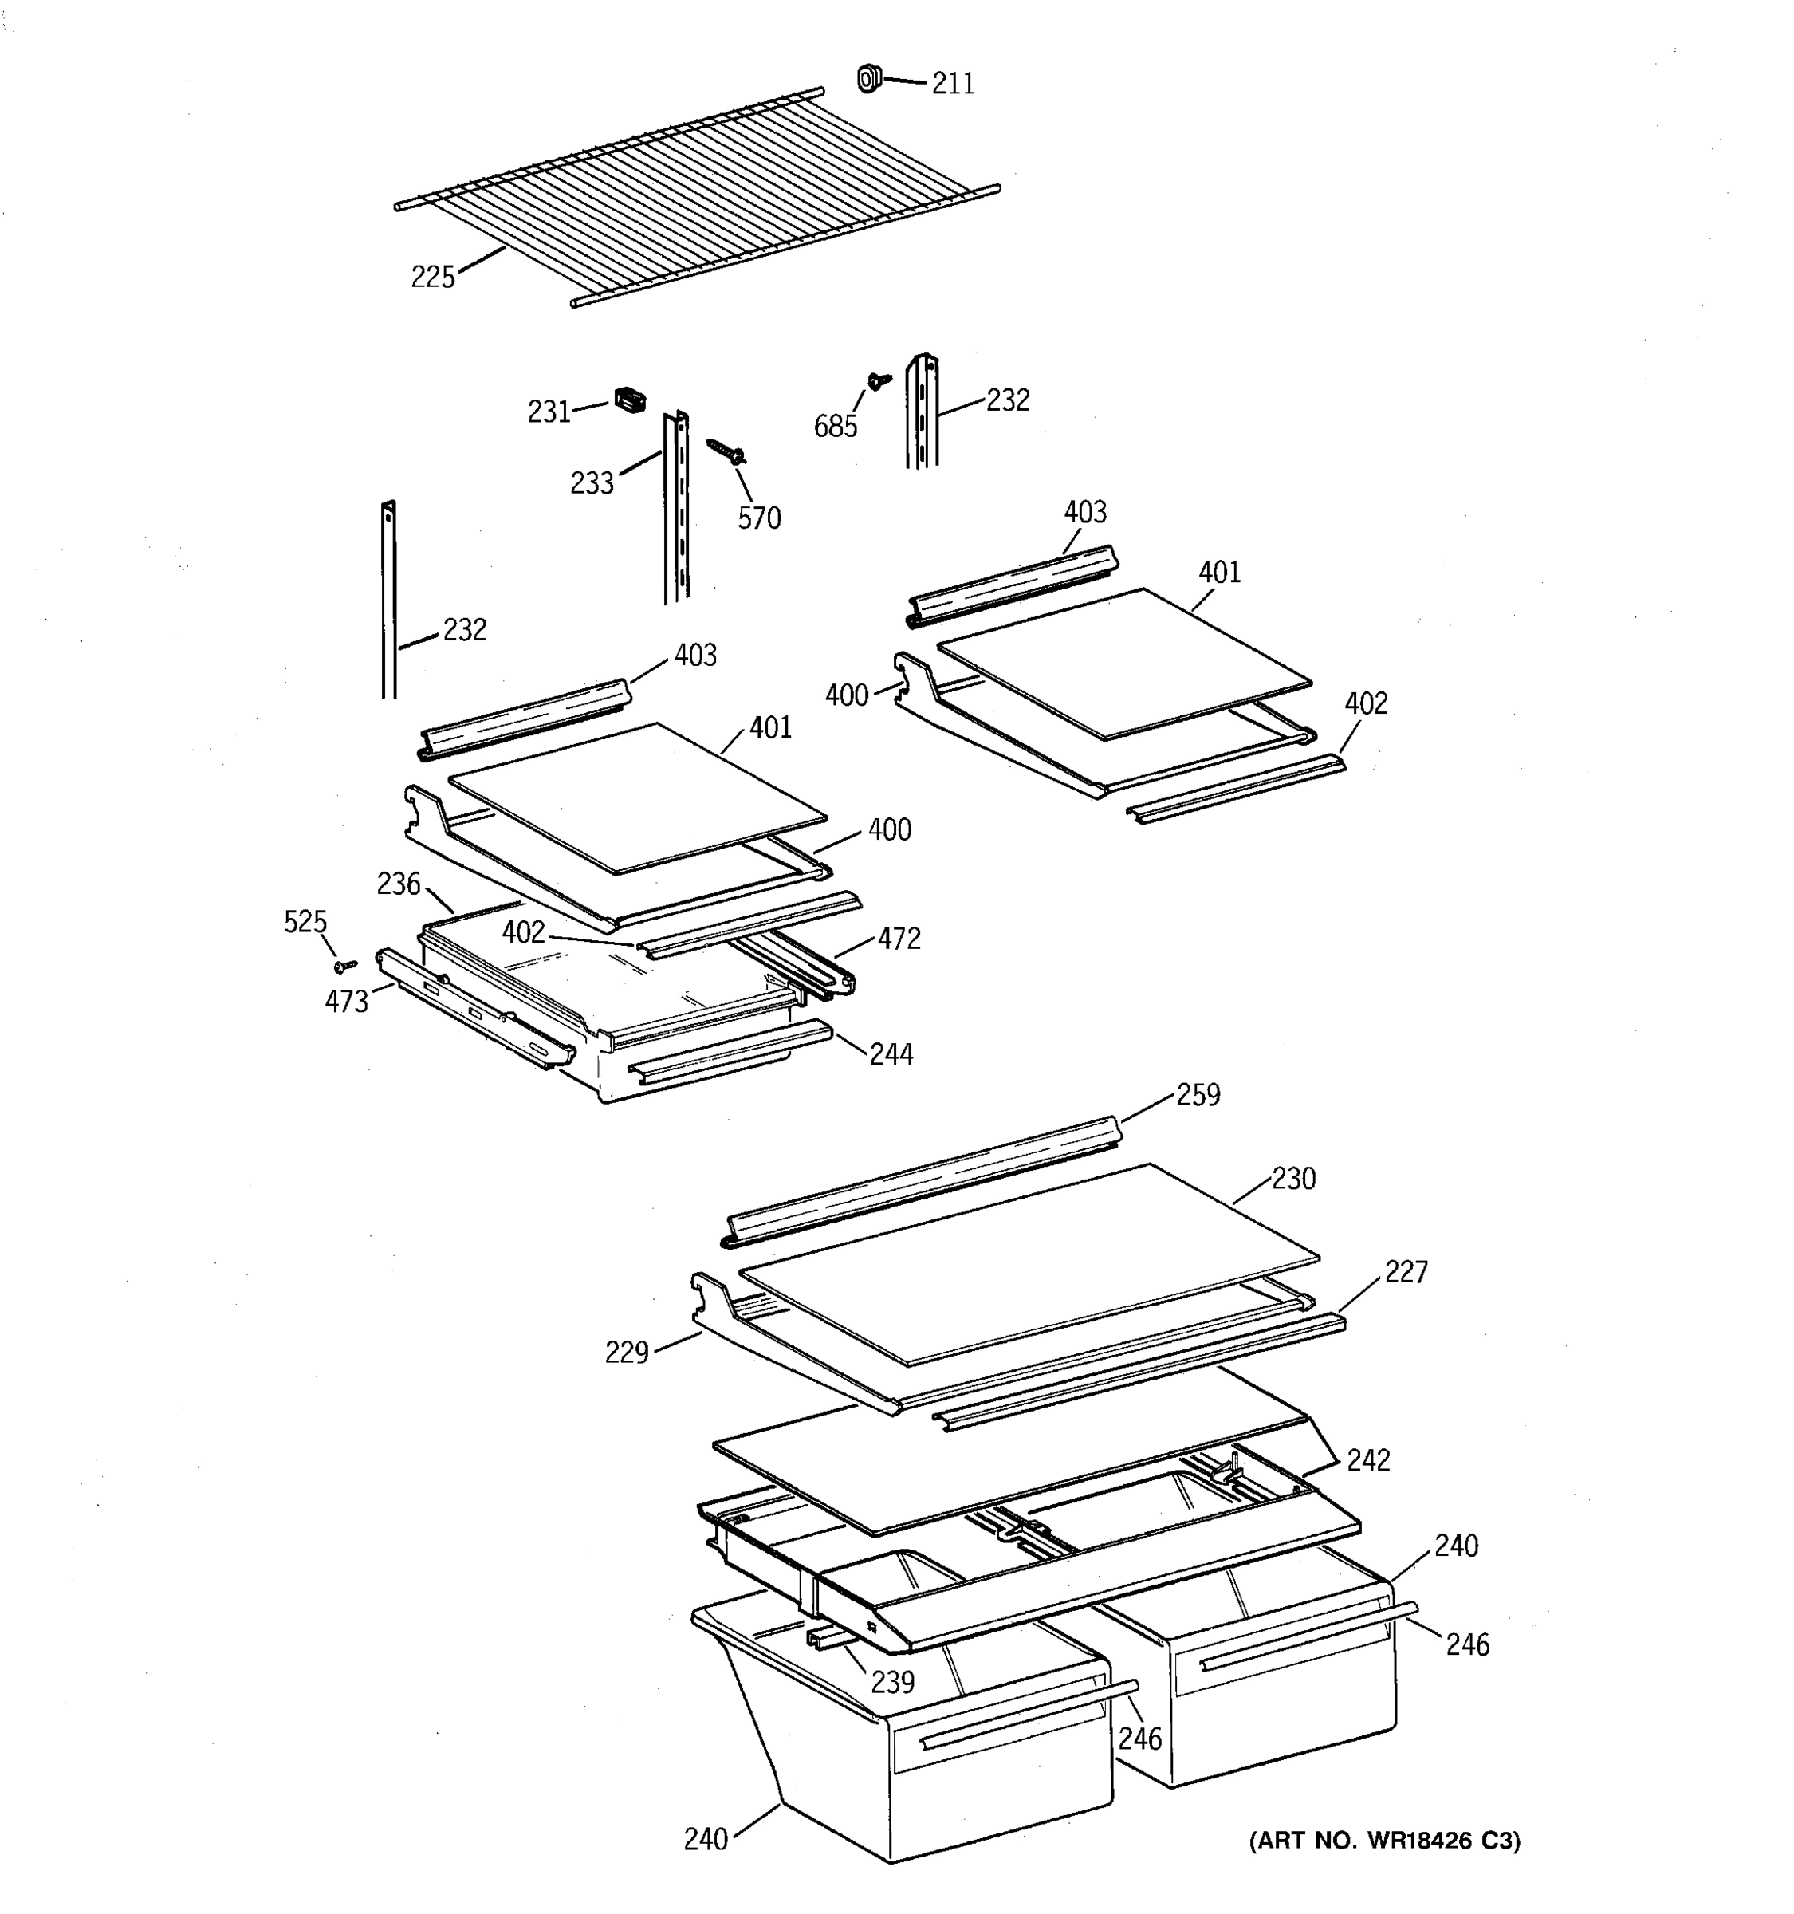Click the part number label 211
click(953, 84)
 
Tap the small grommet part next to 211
click(868, 78)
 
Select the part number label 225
click(432, 278)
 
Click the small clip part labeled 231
click(629, 400)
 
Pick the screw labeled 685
click(879, 381)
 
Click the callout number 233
click(591, 483)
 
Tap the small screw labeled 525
click(344, 965)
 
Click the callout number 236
click(399, 883)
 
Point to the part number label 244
click(891, 1054)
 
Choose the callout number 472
click(898, 939)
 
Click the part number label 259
click(1198, 1095)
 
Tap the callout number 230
click(1292, 1179)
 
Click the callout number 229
click(626, 1353)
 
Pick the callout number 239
click(892, 1682)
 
